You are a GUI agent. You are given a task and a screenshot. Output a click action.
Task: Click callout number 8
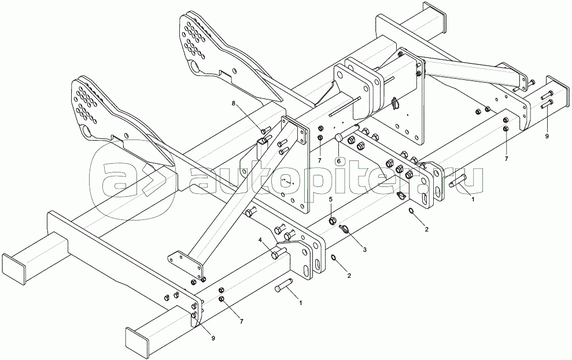coord(234,104)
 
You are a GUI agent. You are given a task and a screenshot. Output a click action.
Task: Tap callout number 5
coord(331,199)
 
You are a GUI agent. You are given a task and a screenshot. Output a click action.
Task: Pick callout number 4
coord(260,239)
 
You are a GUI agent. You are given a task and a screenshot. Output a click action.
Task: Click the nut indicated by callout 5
coord(333,220)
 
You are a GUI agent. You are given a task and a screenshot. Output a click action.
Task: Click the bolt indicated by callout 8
coord(265,130)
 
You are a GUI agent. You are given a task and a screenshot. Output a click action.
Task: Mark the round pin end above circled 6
coord(339,138)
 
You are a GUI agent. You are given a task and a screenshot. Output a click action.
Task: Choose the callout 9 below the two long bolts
coord(546,137)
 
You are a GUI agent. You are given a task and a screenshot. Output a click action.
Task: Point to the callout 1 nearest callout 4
coord(300,302)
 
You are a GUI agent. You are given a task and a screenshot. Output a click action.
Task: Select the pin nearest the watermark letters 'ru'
coord(457,184)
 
